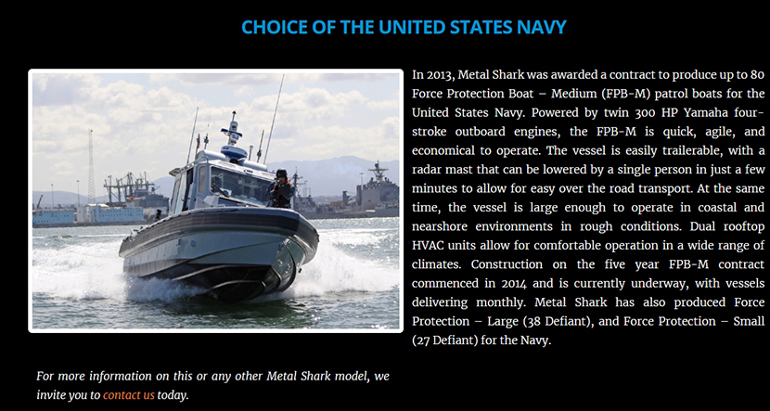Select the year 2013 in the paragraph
(439, 75)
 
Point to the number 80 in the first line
(758, 75)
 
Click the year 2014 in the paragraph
(514, 284)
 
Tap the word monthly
(501, 302)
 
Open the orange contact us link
(129, 395)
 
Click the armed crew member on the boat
(281, 189)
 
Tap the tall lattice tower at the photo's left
(91, 166)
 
